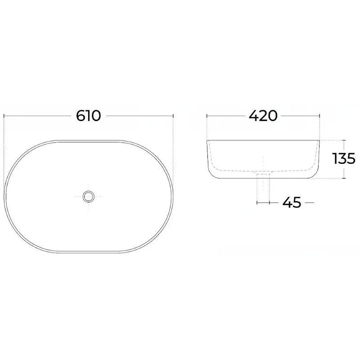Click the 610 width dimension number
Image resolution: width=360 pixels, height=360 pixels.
(88, 116)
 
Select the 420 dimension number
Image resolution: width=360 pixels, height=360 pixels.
(263, 116)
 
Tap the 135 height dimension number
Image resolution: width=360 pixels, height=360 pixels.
(344, 158)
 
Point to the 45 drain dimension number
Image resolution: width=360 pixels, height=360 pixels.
(292, 202)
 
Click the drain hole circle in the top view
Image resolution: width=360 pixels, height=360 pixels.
(88, 197)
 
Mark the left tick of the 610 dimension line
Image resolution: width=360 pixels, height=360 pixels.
(4, 116)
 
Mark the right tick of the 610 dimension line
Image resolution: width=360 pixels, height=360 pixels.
(173, 116)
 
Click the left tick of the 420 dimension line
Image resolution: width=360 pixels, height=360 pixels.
(207, 116)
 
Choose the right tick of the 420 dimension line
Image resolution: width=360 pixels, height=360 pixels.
(319, 116)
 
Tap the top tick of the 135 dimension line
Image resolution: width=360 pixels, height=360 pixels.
(344, 140)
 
